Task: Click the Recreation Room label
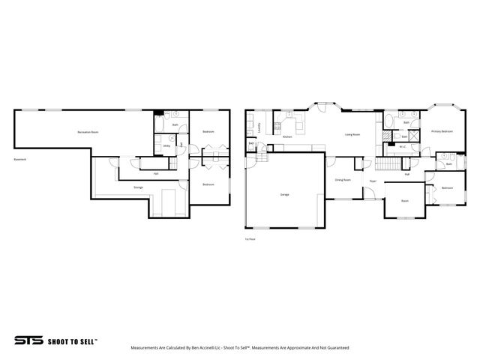click(x=88, y=132)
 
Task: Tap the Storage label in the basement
click(x=138, y=187)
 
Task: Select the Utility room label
click(x=166, y=145)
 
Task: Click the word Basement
click(x=19, y=159)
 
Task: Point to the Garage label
click(x=285, y=194)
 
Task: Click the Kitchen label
click(x=286, y=137)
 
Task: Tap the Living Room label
click(x=352, y=135)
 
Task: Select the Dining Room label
click(x=343, y=180)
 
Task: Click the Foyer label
click(x=372, y=181)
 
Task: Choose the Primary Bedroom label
click(x=442, y=132)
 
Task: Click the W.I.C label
click(x=403, y=148)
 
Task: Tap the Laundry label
click(x=259, y=127)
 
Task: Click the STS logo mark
click(x=28, y=340)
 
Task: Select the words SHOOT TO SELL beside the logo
click(x=72, y=340)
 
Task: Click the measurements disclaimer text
click(x=239, y=348)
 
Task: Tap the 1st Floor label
click(x=250, y=240)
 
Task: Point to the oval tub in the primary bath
click(x=390, y=121)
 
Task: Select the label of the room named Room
click(x=404, y=201)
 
